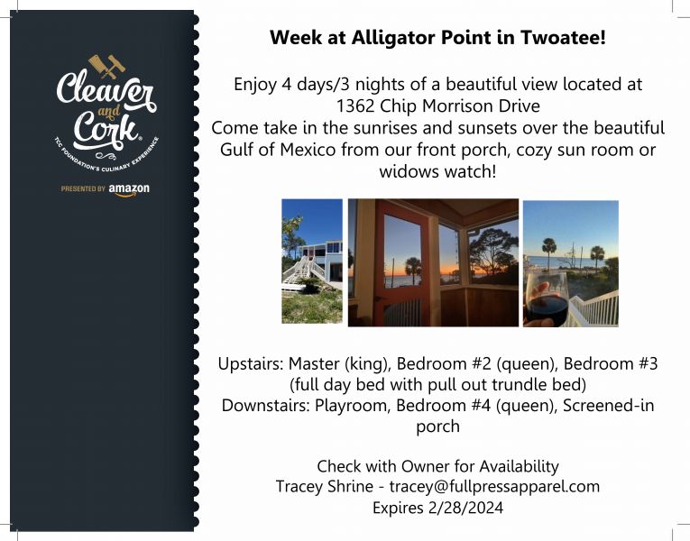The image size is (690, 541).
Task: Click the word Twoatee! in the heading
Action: (564, 37)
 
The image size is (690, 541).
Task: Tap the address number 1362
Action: (355, 106)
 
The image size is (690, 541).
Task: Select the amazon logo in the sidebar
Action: (129, 189)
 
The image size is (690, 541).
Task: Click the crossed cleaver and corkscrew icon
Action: (107, 67)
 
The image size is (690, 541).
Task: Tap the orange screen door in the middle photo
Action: (400, 263)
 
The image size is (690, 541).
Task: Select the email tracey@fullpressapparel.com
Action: (494, 487)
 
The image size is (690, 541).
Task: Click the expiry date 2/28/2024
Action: (465, 508)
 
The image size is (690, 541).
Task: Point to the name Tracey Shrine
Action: (325, 487)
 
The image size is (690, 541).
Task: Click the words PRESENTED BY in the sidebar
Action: (83, 188)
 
